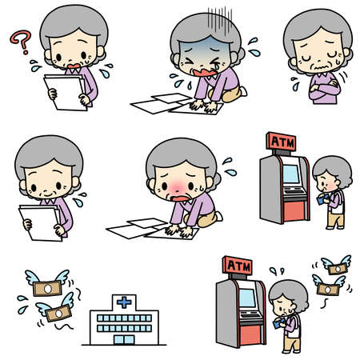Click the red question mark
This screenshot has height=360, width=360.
point(21,39)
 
